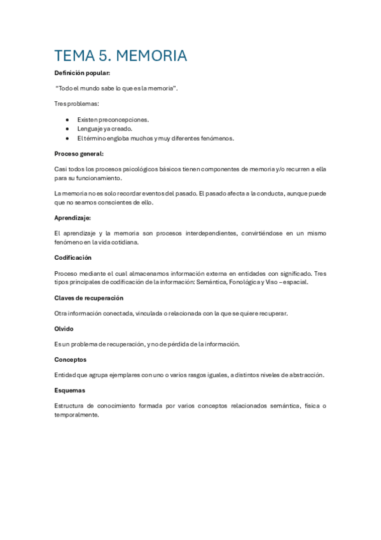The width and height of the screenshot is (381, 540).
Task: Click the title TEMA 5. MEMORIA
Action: click(121, 56)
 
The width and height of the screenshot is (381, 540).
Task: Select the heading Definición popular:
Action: click(82, 73)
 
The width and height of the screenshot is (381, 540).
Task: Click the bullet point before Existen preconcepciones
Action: click(67, 119)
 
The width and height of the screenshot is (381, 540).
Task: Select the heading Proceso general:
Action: click(79, 153)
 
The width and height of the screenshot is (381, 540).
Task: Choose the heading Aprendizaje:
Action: click(73, 218)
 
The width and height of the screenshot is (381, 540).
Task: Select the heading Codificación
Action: click(73, 257)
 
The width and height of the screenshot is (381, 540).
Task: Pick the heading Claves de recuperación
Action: click(88, 297)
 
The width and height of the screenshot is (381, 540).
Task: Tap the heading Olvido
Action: click(64, 329)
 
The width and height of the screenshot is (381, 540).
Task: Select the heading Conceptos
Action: click(70, 359)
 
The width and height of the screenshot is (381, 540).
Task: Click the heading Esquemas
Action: click(69, 390)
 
